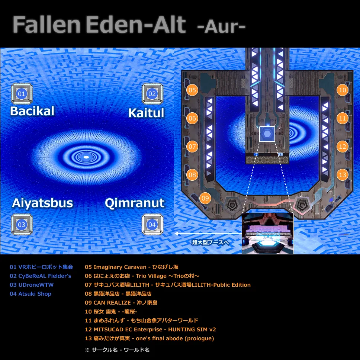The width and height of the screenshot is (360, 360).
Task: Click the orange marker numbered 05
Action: pyautogui.click(x=192, y=90)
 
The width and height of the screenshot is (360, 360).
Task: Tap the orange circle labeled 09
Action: pyautogui.click(x=205, y=198)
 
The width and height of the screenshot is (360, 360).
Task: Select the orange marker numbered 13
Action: pyautogui.click(x=342, y=175)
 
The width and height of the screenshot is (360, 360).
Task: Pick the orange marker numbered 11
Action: pyautogui.click(x=342, y=118)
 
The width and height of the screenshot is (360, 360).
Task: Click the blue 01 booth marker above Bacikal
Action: pyautogui.click(x=21, y=94)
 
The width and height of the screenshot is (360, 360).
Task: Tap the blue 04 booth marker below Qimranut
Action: pyautogui.click(x=152, y=225)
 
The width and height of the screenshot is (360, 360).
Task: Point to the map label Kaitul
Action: pyautogui.click(x=146, y=113)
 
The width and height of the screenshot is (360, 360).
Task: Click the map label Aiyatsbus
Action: pyautogui.click(x=42, y=203)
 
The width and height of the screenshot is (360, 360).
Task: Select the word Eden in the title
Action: pyautogui.click(x=114, y=25)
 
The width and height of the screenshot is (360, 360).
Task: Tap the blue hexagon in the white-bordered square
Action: pyautogui.click(x=267, y=134)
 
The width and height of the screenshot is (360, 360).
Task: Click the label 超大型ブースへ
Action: pyautogui.click(x=210, y=242)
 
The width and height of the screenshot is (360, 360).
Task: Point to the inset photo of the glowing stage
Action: pyautogui.click(x=268, y=233)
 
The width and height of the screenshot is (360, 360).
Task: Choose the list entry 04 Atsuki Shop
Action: pyautogui.click(x=30, y=294)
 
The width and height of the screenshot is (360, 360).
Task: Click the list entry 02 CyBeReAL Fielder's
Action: pyautogui.click(x=41, y=276)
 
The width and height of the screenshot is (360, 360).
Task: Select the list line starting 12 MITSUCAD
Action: pyautogui.click(x=150, y=330)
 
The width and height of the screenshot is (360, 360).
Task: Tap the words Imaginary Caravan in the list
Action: pyautogui.click(x=120, y=267)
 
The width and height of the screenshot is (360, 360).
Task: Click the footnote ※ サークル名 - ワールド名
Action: pyautogui.click(x=117, y=350)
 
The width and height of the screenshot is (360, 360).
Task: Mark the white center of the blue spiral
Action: pyautogui.click(x=86, y=157)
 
